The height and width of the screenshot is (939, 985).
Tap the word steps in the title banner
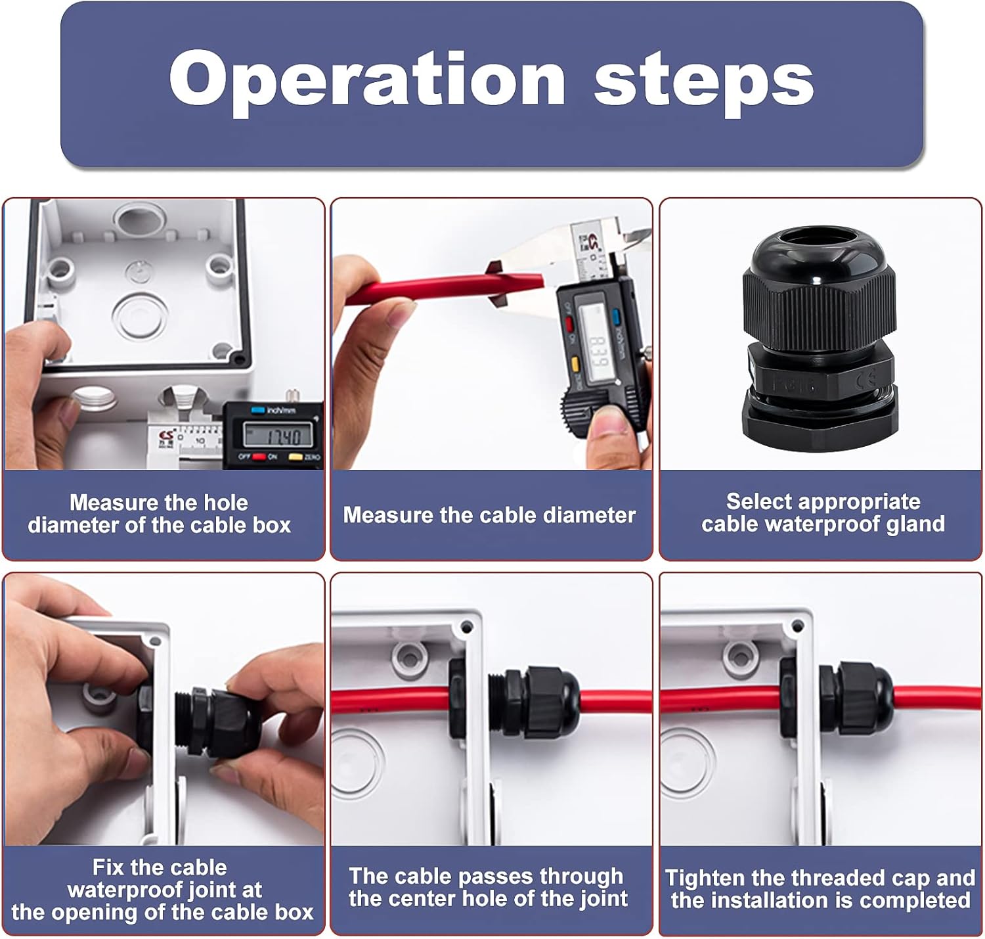(704, 83)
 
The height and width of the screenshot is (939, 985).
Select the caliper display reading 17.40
(278, 434)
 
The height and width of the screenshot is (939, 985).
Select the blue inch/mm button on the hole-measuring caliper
(257, 410)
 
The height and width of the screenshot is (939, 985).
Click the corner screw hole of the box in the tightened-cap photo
(797, 626)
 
